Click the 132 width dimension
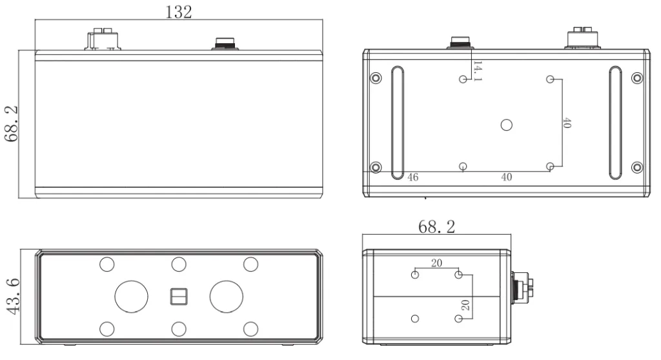179,12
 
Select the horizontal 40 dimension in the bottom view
506,177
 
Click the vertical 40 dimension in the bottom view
567,123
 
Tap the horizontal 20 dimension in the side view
436,263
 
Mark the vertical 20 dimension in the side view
465,305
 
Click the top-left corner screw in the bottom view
375,78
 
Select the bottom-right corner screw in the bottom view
636,167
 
